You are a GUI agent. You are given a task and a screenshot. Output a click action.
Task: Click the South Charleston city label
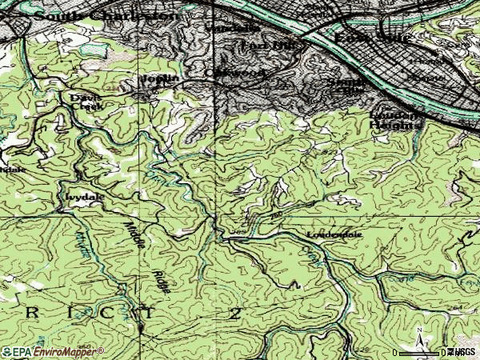coord(104,14)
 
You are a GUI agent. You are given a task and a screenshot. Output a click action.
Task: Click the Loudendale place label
coord(334,235)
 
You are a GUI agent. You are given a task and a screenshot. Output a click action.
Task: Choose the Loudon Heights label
coord(394,121)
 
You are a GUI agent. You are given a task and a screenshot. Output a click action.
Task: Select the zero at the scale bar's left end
coord(396,353)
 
